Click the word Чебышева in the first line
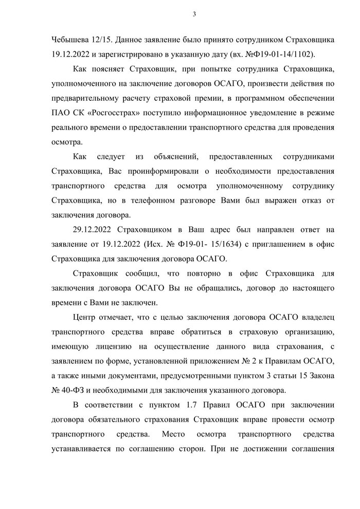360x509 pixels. (70, 40)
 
